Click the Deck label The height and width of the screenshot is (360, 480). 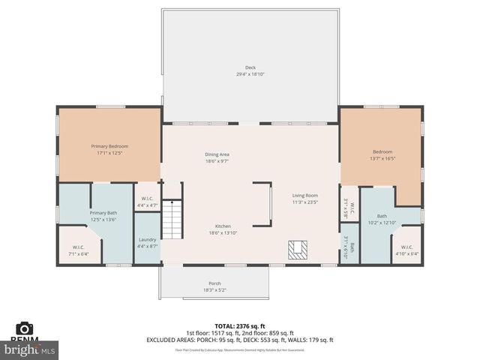[x=250, y=67]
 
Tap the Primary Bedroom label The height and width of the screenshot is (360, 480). [x=110, y=146]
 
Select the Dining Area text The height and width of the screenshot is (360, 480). [x=217, y=154]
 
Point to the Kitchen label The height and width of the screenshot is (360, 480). [x=222, y=226]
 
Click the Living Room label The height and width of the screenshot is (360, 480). [x=305, y=195]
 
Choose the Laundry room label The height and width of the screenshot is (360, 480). [x=147, y=239]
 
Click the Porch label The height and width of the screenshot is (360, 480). [x=214, y=283]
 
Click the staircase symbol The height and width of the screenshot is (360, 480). [x=173, y=220]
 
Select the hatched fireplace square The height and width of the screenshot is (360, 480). [x=297, y=249]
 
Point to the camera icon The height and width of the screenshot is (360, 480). [x=24, y=329]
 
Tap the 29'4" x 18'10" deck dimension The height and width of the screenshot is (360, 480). [x=250, y=74]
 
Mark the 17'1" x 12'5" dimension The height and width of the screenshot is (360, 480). [x=110, y=153]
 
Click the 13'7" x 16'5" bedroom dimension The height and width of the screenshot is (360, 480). [x=382, y=158]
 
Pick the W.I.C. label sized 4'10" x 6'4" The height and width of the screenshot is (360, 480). [x=406, y=247]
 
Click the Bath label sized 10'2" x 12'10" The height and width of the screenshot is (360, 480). [x=381, y=216]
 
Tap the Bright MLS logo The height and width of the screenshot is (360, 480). [x=30, y=349]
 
